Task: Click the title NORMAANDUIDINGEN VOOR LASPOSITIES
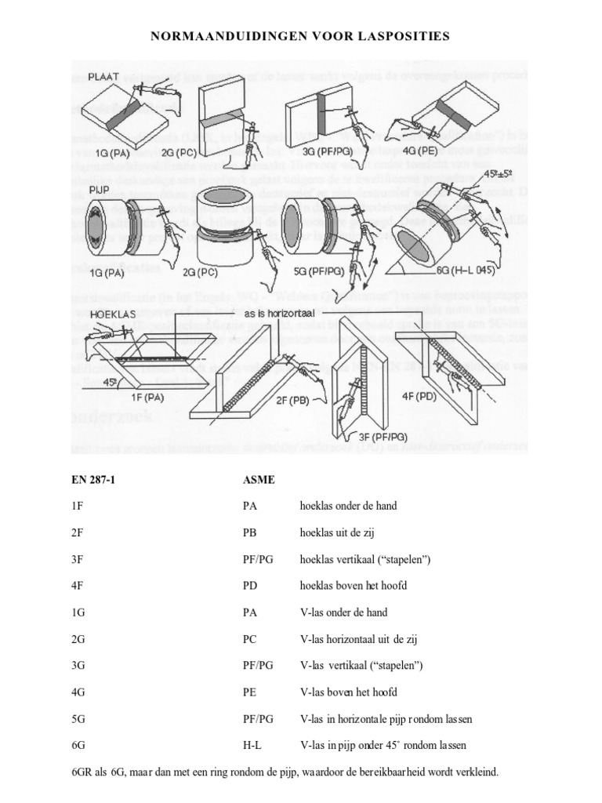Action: pos(301,35)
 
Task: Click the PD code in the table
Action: pos(252,585)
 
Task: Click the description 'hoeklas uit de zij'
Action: pos(339,532)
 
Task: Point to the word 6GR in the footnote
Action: pos(82,772)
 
